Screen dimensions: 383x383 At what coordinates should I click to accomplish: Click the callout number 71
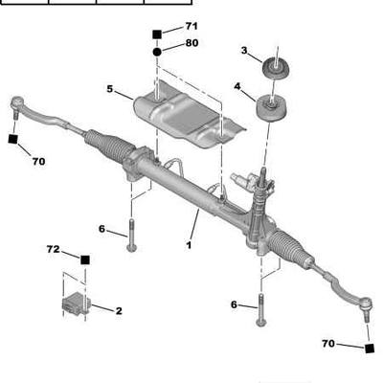pyautogui.click(x=191, y=26)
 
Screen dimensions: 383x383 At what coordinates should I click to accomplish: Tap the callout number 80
pyautogui.click(x=191, y=43)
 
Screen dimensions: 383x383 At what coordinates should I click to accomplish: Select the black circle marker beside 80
pyautogui.click(x=157, y=52)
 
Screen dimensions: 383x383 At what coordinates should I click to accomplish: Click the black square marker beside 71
pyautogui.click(x=157, y=34)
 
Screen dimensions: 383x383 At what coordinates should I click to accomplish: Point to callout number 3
pyautogui.click(x=244, y=51)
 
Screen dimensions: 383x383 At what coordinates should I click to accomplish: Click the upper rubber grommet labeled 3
pyautogui.click(x=277, y=69)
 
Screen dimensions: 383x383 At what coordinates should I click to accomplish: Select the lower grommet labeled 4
pyautogui.click(x=271, y=108)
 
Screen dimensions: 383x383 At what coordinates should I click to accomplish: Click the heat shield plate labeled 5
pyautogui.click(x=189, y=116)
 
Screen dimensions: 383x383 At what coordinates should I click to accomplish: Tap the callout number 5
pyautogui.click(x=110, y=89)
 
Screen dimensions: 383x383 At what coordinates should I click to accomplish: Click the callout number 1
pyautogui.click(x=189, y=245)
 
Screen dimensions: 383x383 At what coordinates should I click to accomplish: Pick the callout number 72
pyautogui.click(x=53, y=249)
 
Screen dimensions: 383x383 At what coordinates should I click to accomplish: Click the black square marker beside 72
pyautogui.click(x=85, y=259)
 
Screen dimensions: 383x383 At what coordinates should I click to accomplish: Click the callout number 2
pyautogui.click(x=119, y=311)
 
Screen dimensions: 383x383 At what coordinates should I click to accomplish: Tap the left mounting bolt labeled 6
pyautogui.click(x=132, y=235)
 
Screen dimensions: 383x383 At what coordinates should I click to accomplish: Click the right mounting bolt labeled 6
pyautogui.click(x=261, y=310)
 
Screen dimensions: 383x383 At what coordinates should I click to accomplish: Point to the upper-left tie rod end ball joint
pyautogui.click(x=17, y=104)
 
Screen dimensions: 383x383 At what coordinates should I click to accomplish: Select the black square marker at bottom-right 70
pyautogui.click(x=370, y=349)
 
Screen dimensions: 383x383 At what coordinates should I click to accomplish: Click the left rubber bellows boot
pyautogui.click(x=109, y=146)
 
